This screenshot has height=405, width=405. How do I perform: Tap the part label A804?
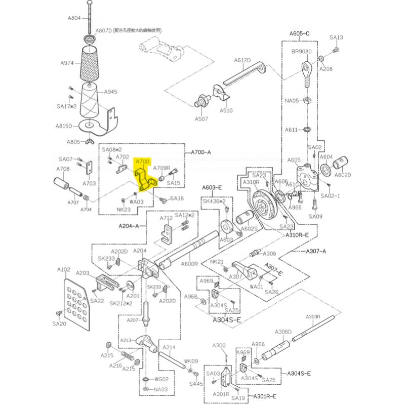coord(74,18)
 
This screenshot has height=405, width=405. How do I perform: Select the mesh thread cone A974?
coord(90,63)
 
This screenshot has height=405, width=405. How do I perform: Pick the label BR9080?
coord(301,52)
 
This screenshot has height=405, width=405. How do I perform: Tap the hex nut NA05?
coord(307,100)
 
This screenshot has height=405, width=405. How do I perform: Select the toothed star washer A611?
coord(307,129)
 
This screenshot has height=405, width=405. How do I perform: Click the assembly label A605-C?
coord(299,33)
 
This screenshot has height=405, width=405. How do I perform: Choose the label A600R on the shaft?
coord(189,264)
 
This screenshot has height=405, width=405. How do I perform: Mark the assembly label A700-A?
coord(201,152)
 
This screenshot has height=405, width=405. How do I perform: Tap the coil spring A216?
coord(128,356)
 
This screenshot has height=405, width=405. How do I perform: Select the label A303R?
coord(313,317)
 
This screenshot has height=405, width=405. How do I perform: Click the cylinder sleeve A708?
coord(61,183)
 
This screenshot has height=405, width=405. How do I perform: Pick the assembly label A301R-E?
coord(265,396)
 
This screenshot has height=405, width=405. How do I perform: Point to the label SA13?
coord(336,37)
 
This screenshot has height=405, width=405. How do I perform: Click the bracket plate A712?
coord(167,234)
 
